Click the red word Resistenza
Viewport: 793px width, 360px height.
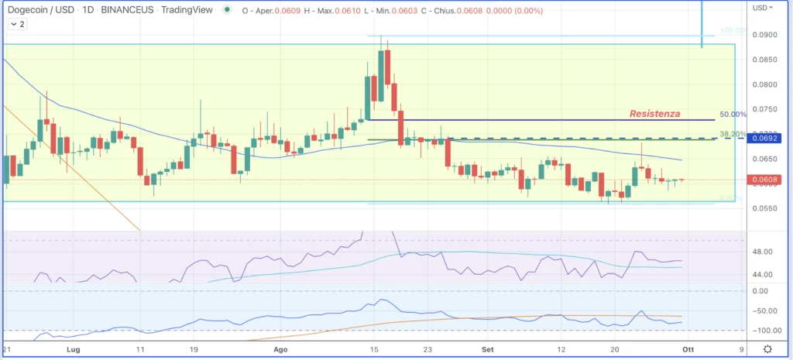coord(655,114)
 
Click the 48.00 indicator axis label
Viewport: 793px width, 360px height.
coord(763,252)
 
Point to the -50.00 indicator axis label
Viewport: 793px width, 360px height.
coord(763,311)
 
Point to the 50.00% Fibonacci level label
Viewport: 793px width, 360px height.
coord(733,115)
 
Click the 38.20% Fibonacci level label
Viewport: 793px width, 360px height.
coord(733,134)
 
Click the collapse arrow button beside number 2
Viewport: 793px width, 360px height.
coord(15,25)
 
